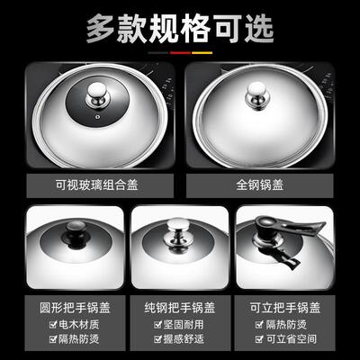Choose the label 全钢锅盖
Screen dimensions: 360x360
point(265,187)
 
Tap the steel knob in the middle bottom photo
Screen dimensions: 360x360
point(178,236)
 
